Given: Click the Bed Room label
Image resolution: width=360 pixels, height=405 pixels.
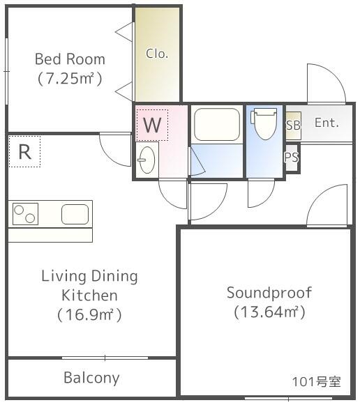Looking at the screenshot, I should click(x=70, y=59).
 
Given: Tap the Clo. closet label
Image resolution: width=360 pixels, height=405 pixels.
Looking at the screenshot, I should click(x=157, y=54).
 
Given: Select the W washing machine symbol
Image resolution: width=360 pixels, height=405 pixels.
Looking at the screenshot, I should click(x=152, y=125).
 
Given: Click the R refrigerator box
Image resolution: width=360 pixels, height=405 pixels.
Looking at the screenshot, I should click(x=24, y=152).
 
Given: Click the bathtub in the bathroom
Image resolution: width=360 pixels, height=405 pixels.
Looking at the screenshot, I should click(x=216, y=125).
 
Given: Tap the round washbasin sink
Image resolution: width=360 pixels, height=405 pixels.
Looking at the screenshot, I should click(x=147, y=160).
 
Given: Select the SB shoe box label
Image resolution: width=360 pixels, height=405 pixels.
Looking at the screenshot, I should click(x=293, y=125).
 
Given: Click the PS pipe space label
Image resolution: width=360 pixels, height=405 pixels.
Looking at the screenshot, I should click(x=292, y=158).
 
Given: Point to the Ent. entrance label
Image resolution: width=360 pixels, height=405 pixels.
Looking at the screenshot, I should click(x=327, y=123).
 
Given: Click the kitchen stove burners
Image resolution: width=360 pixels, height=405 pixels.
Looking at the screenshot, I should click(x=25, y=214).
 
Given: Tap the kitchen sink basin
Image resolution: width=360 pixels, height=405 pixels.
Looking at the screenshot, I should click(x=75, y=214).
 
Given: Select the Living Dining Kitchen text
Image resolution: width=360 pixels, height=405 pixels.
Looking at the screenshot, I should click(x=89, y=285).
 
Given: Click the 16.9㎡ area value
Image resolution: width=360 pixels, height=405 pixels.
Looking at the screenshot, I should click(x=89, y=315).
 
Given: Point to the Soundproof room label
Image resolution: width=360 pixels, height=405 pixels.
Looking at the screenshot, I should click(x=269, y=292).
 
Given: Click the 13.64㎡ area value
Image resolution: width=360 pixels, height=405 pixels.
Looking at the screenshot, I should click(x=269, y=312).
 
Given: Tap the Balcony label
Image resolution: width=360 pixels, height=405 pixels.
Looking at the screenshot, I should click(x=91, y=378).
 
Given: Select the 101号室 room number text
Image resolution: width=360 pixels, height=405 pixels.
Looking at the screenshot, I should click(x=316, y=381).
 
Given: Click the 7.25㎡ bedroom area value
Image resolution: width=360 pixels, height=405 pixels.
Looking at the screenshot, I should click(x=70, y=78).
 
